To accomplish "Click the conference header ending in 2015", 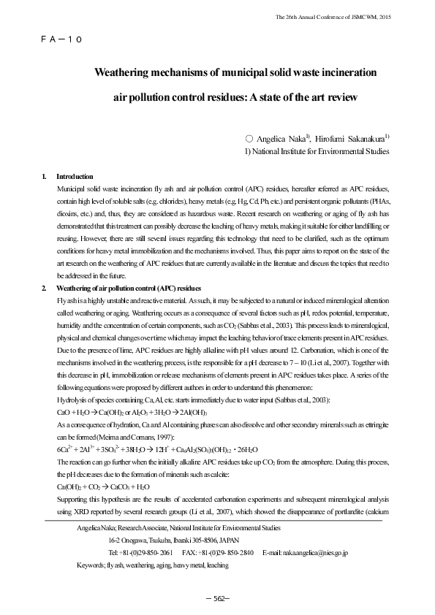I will [330, 16].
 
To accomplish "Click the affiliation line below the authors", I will [316, 151].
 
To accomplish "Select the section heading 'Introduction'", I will [75, 177].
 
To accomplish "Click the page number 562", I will [217, 598].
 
